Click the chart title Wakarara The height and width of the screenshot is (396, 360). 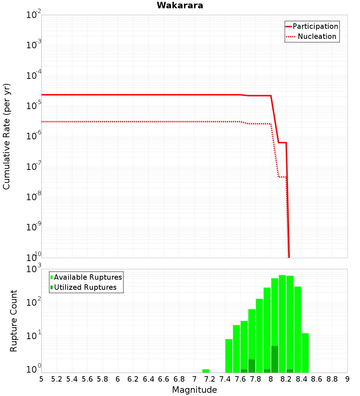180,5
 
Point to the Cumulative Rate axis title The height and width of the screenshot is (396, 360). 6,136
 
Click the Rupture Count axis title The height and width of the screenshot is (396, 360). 14,321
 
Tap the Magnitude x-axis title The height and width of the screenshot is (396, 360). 194,390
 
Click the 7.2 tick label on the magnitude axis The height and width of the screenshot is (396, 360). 210,379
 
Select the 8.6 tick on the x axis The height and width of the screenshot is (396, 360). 317,379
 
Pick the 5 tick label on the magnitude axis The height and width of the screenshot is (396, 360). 41,379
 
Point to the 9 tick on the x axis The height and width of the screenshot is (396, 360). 347,379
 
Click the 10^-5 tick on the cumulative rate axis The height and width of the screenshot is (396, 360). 34,106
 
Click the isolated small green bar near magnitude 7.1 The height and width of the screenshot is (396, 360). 206,371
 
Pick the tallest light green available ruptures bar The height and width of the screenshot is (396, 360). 282,324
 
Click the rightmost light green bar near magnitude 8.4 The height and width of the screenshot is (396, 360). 305,353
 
